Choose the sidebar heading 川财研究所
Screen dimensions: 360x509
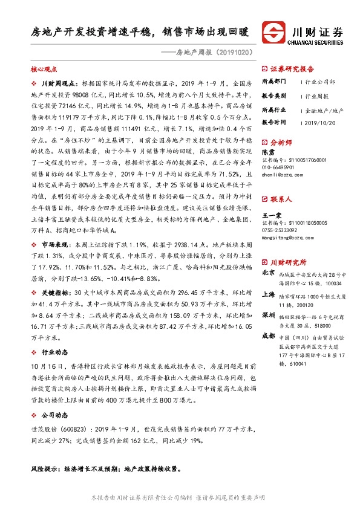click(x=287, y=262)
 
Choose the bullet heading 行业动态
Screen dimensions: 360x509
click(x=54, y=352)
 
